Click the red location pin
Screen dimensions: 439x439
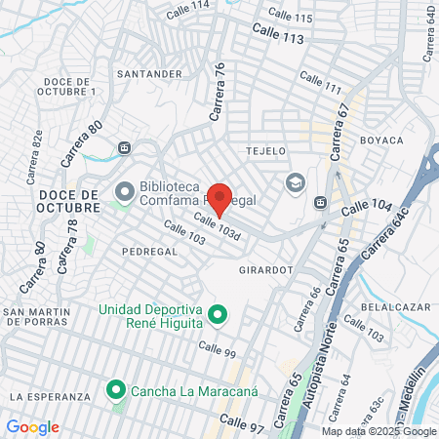click(x=220, y=198)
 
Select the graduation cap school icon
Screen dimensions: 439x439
click(x=295, y=182)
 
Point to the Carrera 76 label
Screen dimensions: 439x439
click(x=219, y=92)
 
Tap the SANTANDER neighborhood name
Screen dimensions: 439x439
click(x=148, y=73)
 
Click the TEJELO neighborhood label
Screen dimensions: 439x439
click(x=266, y=151)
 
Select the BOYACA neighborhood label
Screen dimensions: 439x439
click(x=381, y=140)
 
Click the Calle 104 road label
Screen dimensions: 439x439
click(x=367, y=208)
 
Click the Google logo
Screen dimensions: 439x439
click(x=32, y=426)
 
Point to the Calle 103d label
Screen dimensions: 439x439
click(x=216, y=227)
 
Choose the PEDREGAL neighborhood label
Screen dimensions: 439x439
click(x=149, y=251)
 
